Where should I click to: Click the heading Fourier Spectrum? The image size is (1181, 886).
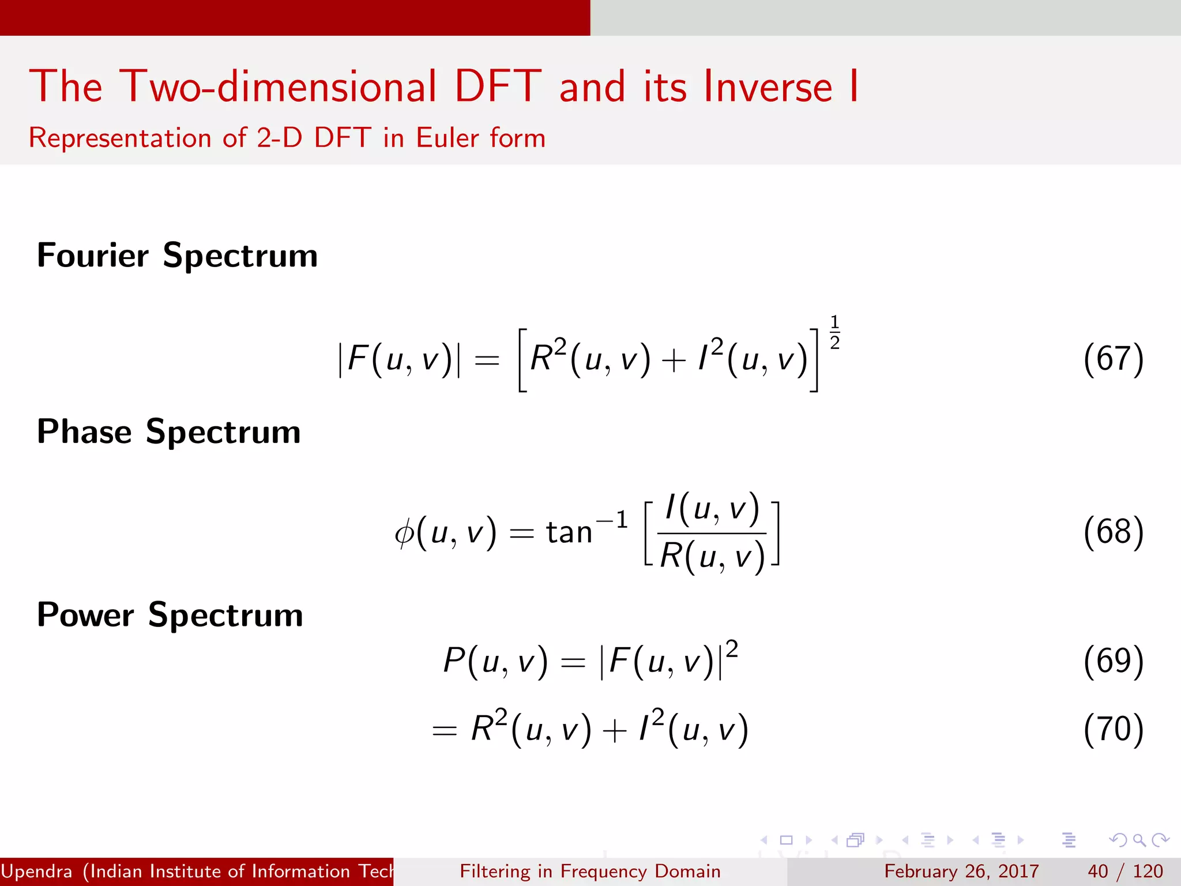click(177, 256)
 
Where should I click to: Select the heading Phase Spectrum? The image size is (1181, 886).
click(168, 432)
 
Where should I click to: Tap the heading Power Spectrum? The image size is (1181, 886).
click(170, 615)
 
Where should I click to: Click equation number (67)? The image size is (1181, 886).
click(1113, 359)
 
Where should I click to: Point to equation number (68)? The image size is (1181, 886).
click(1113, 531)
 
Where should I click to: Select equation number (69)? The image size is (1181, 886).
click(1113, 660)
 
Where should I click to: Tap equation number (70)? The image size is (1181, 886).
click(1113, 729)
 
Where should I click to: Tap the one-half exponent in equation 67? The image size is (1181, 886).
click(834, 332)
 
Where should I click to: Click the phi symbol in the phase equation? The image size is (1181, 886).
click(404, 532)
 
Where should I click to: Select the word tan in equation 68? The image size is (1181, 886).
click(569, 532)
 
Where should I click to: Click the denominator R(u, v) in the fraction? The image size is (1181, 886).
click(712, 557)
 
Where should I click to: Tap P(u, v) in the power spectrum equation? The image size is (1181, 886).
click(495, 661)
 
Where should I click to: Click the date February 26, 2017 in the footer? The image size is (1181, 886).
click(961, 871)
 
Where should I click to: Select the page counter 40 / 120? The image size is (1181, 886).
click(1125, 871)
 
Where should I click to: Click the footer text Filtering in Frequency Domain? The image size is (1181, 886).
click(590, 871)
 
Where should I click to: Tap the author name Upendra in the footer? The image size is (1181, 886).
click(37, 871)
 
